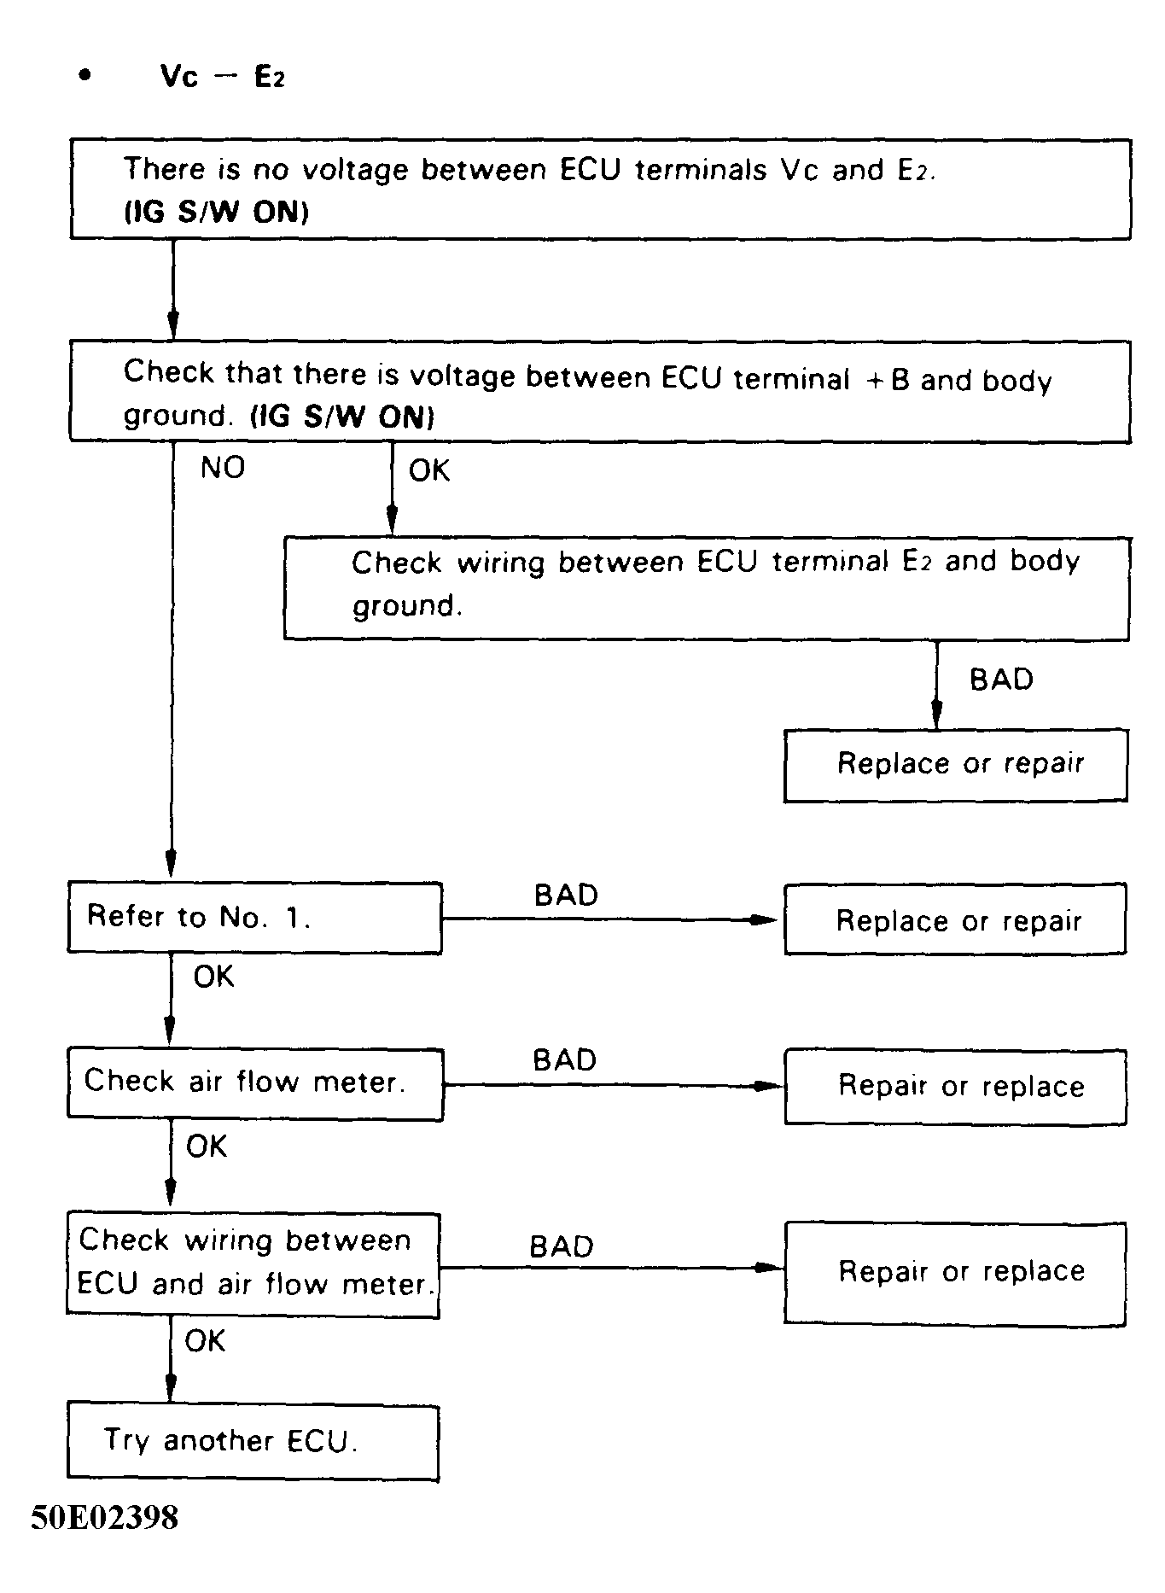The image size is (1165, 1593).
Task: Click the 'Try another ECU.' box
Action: (253, 1442)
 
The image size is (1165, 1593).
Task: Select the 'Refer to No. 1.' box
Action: (254, 918)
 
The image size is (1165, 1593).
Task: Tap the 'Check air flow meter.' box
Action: (254, 1083)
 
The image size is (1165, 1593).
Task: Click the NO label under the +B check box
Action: (223, 468)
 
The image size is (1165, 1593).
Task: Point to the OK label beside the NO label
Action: (428, 470)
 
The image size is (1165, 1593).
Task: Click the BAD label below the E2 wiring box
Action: (1001, 680)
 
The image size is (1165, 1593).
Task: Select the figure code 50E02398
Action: (105, 1517)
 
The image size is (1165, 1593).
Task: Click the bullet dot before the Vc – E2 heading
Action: (84, 76)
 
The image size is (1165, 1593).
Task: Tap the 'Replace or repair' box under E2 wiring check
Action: (956, 764)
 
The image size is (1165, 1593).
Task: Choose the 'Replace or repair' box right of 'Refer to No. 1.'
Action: (955, 919)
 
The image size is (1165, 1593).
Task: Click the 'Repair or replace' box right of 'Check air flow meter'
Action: (955, 1086)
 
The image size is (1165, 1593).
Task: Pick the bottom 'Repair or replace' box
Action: (955, 1272)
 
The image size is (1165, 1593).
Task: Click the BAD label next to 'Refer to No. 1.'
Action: (566, 896)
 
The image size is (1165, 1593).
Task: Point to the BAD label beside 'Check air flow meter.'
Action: (564, 1060)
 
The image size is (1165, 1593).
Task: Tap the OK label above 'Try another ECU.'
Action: (205, 1341)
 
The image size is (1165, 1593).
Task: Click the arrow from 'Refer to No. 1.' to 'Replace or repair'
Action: (610, 919)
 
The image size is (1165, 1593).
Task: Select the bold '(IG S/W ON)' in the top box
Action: (216, 213)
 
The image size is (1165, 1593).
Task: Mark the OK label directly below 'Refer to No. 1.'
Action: (213, 977)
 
